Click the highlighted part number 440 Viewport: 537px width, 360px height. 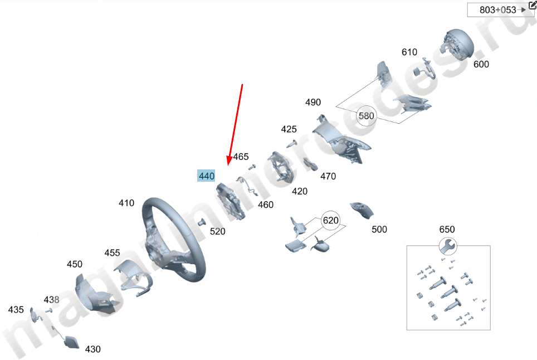coord(207,176)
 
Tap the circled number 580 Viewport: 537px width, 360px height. coord(367,116)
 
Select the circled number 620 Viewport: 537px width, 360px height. coord(330,221)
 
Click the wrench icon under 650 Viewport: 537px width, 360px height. coord(447,245)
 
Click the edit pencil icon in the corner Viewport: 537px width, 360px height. coord(532,5)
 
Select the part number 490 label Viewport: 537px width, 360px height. coord(313,103)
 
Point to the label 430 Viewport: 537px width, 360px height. coord(93,349)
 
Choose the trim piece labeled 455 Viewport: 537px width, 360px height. coord(134,275)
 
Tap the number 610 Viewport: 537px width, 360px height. coord(409,52)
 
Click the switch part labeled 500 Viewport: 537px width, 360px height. coord(362,210)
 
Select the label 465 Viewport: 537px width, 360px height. coord(241,157)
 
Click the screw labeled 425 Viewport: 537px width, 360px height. coord(291,144)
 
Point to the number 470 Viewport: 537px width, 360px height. coord(328,177)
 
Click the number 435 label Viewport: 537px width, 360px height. coord(16,310)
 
